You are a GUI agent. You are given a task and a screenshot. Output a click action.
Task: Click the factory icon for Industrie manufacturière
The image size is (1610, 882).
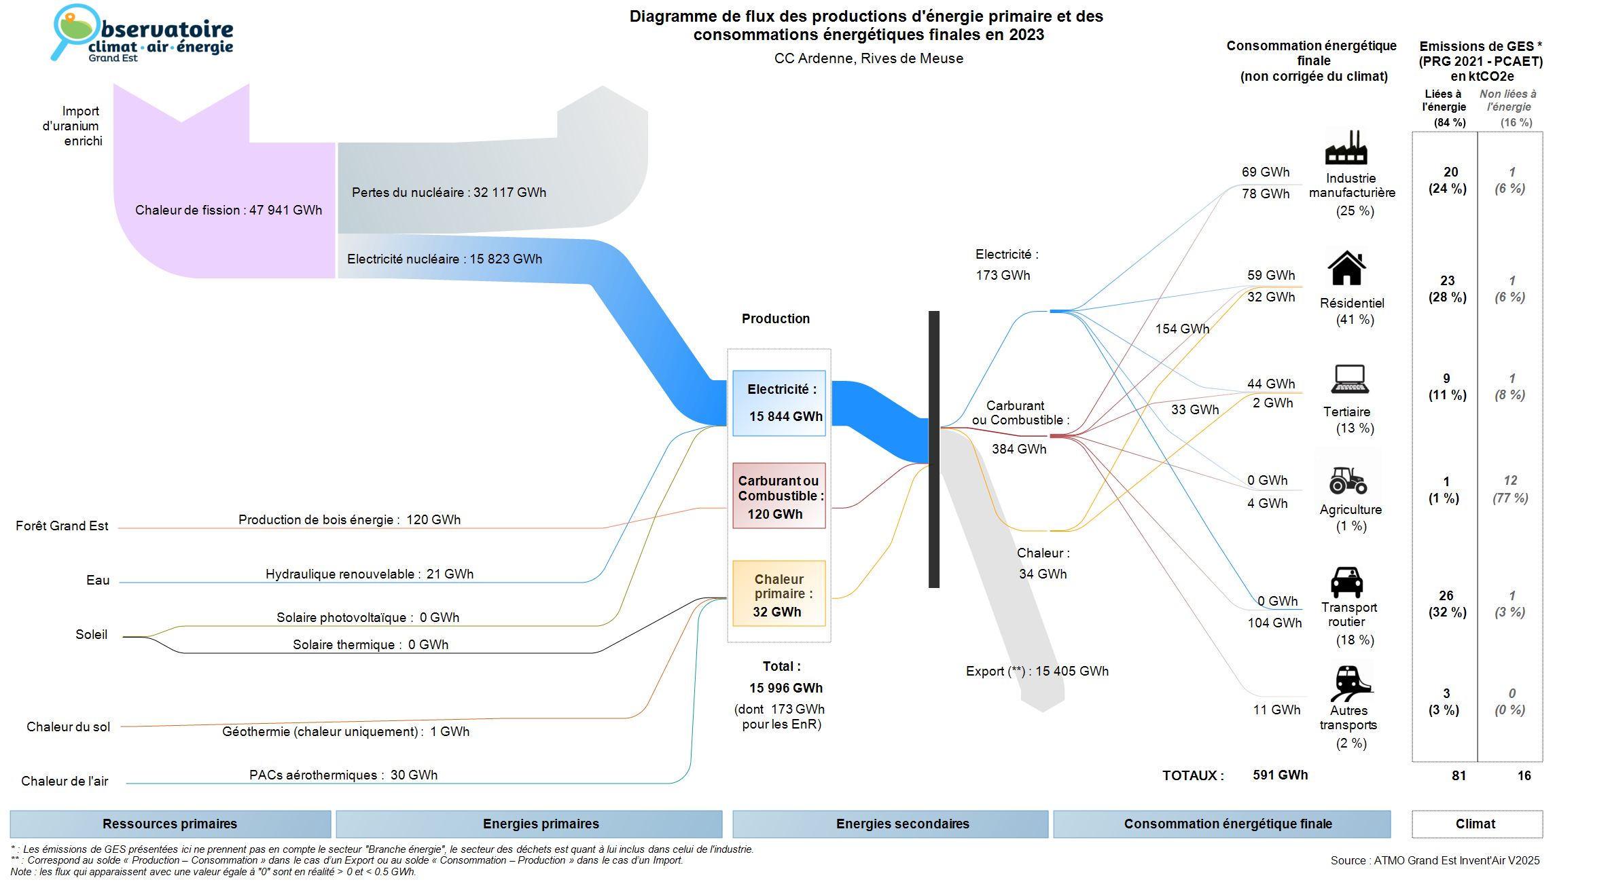1346,147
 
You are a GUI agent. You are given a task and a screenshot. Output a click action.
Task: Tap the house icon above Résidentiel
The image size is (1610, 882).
1346,268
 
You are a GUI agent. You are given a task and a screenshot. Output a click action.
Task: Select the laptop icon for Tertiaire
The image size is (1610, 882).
1349,379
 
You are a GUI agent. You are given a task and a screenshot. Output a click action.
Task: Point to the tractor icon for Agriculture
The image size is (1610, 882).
1348,480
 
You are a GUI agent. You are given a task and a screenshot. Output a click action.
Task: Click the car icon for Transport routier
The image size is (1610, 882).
1346,582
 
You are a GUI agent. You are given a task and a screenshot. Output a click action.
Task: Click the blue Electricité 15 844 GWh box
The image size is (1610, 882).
779,403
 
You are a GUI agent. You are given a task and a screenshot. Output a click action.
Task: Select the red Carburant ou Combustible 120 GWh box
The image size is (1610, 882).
779,496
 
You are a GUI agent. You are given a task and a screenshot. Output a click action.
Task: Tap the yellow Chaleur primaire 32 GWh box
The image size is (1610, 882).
779,593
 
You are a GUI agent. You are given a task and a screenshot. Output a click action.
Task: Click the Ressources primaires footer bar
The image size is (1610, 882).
170,824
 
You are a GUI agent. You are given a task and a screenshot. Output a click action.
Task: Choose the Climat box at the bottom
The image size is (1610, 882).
1476,824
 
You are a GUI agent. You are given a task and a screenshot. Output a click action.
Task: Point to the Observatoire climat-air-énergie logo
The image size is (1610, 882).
143,34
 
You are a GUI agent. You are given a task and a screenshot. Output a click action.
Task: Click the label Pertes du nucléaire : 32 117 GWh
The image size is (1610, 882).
448,192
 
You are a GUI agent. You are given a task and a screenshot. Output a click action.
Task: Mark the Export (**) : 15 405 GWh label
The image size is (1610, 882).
1037,671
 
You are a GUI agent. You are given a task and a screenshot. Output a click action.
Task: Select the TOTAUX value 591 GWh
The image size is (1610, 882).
1280,775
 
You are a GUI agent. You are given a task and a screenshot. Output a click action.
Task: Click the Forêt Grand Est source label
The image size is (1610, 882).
62,526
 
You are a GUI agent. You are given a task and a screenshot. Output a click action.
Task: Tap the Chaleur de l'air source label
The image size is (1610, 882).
65,781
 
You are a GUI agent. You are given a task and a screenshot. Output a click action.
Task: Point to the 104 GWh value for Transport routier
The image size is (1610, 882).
1274,623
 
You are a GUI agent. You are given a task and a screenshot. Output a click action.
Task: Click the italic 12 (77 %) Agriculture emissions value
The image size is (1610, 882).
1509,489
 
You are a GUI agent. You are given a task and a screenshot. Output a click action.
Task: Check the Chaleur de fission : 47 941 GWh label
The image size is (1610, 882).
228,210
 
